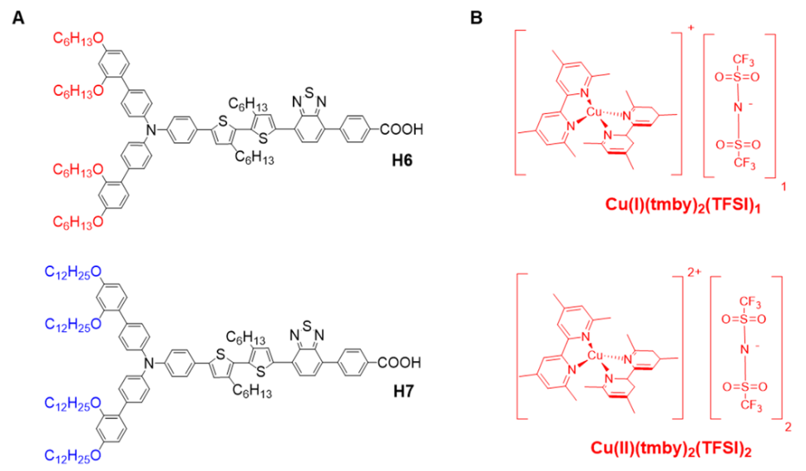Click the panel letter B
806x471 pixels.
(477, 16)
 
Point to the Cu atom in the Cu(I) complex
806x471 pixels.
(593, 112)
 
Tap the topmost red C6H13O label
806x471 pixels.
(80, 37)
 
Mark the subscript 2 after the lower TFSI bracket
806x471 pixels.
(787, 425)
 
